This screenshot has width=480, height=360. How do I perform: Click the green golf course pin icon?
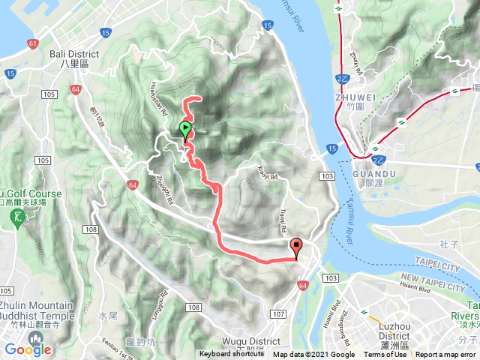pos(17,217)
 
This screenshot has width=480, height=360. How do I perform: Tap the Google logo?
pos(28,349)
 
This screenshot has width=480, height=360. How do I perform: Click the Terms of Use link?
pos(385,355)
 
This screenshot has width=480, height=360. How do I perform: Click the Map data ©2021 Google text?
pos(313,355)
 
